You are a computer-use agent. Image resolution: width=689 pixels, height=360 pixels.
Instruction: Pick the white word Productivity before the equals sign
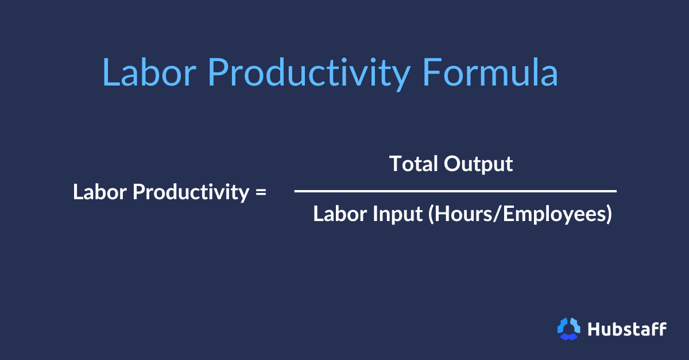(190, 192)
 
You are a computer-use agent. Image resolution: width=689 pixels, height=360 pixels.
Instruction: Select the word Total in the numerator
(413, 164)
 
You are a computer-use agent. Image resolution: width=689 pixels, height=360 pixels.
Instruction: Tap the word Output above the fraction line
(478, 164)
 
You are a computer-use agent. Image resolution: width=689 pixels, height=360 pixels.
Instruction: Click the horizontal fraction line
(455, 191)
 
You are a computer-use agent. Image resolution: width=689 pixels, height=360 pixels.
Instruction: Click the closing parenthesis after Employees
(608, 214)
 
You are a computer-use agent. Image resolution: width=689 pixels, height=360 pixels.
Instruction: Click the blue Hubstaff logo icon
(569, 328)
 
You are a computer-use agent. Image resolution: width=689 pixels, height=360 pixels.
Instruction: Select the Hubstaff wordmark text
(627, 329)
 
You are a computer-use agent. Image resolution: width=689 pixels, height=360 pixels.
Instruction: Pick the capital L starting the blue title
(111, 73)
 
